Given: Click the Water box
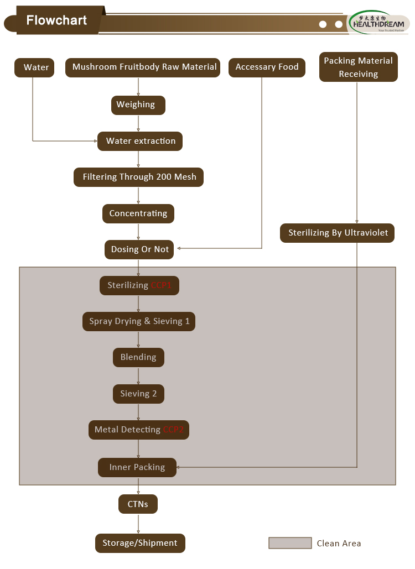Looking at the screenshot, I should point(34,67).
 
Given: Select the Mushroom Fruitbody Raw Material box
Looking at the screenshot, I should point(143,67).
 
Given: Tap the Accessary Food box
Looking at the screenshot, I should point(267,67).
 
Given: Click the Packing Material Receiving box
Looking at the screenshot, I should point(358,67).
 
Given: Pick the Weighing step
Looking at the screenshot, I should point(138,105).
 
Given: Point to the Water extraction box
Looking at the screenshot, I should point(140,142).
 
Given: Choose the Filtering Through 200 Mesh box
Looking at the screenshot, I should point(139,178).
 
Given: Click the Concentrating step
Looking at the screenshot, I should point(138,214).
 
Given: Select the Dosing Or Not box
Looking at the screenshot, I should point(139,250).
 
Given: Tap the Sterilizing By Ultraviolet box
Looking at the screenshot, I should point(338,233).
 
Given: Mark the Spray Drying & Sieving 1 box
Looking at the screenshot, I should point(139,322).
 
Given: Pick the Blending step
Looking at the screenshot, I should point(138,358).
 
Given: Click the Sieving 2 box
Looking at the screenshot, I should point(138,394).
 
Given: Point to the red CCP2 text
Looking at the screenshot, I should point(174,430).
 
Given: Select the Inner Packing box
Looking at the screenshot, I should point(137,468).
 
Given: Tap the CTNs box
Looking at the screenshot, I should point(138,504).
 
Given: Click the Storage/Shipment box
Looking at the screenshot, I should point(140,544).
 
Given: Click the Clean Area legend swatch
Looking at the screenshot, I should point(290,544).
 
